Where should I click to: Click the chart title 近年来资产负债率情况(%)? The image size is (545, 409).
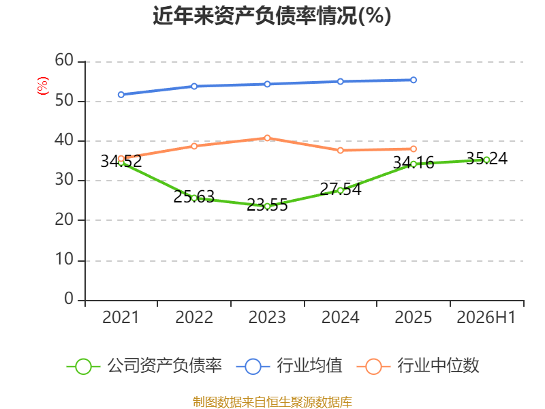coord(272,16)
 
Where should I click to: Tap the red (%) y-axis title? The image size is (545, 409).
coord(43,86)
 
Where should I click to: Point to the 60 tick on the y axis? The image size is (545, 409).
coord(64,61)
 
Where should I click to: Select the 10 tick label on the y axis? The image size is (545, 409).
coord(64,260)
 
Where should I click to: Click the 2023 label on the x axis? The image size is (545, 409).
coord(267,318)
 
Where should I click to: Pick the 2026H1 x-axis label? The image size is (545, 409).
coord(486,318)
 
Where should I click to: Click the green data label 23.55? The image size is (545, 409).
coord(267,205)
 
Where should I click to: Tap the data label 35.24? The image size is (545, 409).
coord(486,159)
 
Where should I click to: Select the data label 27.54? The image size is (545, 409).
coord(340,190)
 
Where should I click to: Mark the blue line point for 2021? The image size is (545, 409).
coord(121,95)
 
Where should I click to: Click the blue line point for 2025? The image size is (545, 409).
coord(414,80)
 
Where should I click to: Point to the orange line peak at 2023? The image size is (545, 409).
coord(267,138)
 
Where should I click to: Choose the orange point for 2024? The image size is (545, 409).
coord(340,150)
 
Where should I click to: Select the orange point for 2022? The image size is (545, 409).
coord(194,146)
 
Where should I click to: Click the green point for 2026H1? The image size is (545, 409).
coord(486,160)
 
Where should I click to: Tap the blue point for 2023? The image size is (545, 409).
coord(267,84)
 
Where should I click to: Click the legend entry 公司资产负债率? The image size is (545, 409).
coord(144,366)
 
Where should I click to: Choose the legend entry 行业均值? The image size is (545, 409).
coord(289,366)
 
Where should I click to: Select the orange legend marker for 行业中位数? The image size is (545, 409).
coord(373,367)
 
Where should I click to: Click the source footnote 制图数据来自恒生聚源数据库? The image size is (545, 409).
coord(272,402)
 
